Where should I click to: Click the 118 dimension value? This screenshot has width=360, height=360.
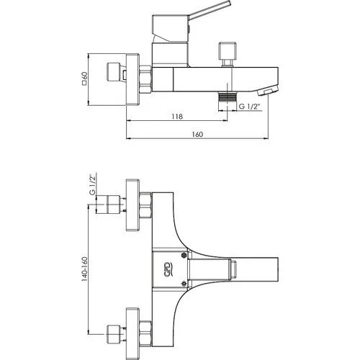[177, 116]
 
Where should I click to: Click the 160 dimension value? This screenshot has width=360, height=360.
[197, 135]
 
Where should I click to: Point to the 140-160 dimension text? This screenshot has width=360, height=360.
[84, 269]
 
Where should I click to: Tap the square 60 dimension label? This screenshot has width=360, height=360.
[84, 78]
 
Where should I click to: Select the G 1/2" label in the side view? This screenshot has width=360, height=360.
[250, 107]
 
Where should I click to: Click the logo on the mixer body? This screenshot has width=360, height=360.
[169, 270]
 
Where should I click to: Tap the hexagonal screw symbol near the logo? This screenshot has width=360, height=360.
[184, 255]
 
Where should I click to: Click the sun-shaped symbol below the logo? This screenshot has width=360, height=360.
[184, 284]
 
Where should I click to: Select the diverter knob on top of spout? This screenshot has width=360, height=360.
[228, 54]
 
